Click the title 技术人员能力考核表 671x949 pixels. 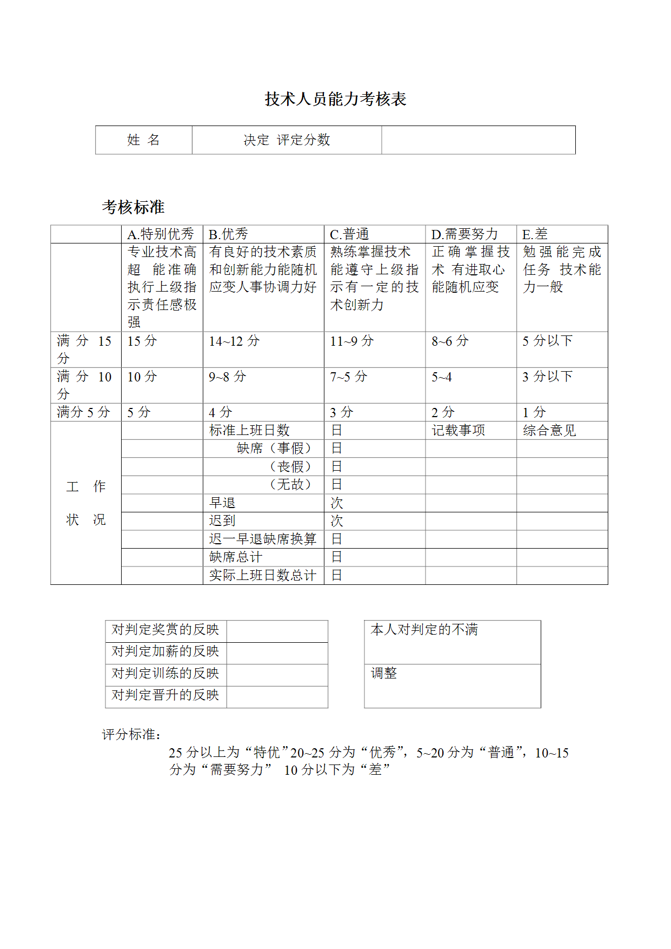(335, 99)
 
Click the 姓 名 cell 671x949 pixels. (143, 140)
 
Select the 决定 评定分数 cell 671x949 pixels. (287, 140)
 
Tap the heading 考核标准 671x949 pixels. (133, 207)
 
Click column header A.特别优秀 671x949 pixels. (161, 234)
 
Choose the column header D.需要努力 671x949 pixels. (464, 234)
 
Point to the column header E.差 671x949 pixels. (535, 234)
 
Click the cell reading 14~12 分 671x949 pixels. (234, 341)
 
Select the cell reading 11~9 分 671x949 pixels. (351, 341)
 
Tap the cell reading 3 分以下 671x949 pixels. (547, 377)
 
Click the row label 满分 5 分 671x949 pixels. (83, 412)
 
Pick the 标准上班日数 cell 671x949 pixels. (249, 431)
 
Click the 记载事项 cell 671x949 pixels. (458, 431)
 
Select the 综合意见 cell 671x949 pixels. (549, 431)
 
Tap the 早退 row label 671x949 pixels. (222, 503)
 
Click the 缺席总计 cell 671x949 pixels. (236, 557)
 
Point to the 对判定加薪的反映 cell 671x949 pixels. (165, 651)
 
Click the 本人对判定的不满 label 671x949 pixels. (424, 630)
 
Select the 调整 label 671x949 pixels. (384, 674)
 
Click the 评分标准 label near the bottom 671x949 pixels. (131, 735)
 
